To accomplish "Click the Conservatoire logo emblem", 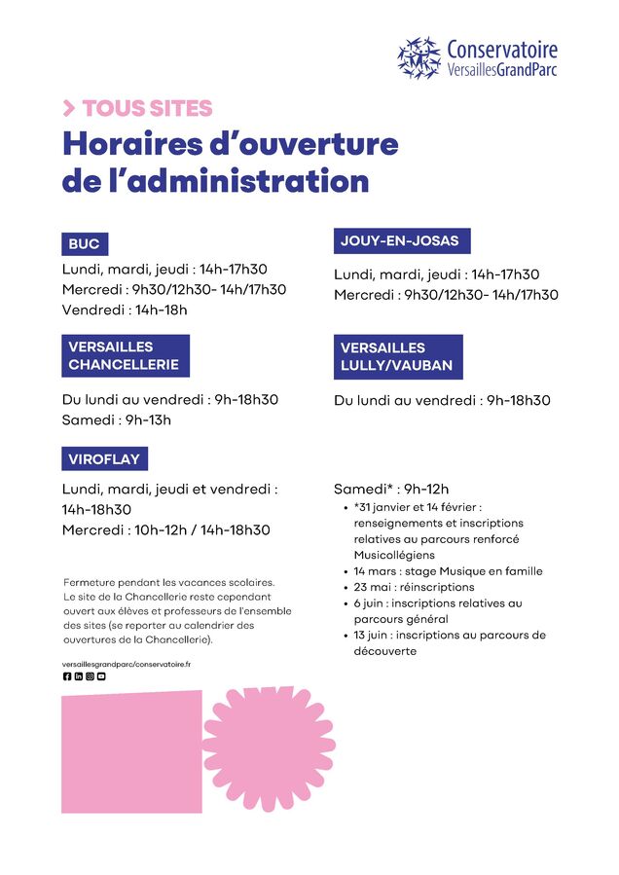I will [419, 58].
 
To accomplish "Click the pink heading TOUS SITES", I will [146, 108].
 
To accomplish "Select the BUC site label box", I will [85, 244].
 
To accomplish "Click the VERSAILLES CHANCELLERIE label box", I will [125, 355].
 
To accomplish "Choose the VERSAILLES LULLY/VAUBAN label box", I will [397, 356].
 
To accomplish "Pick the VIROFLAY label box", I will [105, 459].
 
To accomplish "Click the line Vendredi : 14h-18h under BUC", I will [125, 310].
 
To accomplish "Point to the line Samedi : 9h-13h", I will [116, 419].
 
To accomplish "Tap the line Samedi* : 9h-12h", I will [391, 489].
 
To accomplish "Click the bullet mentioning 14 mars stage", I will [448, 571].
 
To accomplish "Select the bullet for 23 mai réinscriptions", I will [414, 587].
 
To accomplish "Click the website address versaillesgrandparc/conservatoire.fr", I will [127, 663].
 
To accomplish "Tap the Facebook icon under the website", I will [67, 676].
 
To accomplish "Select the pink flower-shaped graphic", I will [269, 747].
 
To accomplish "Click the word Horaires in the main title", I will [131, 144].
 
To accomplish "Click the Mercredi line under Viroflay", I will [165, 530].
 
